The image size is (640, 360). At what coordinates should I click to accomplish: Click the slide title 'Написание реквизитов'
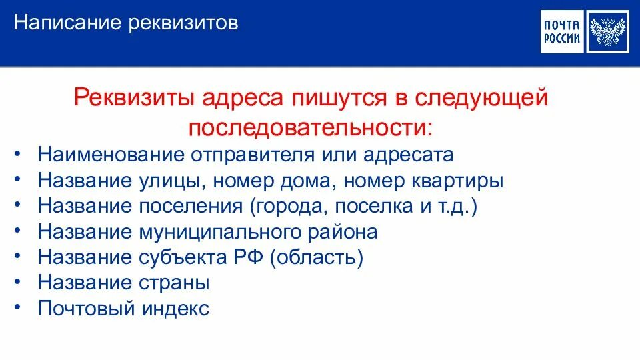(x=126, y=24)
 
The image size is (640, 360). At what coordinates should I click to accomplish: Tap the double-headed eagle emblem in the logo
(x=609, y=33)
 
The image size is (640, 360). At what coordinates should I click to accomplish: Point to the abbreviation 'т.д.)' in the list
(x=458, y=206)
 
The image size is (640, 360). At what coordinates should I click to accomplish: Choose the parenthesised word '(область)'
(x=317, y=257)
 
